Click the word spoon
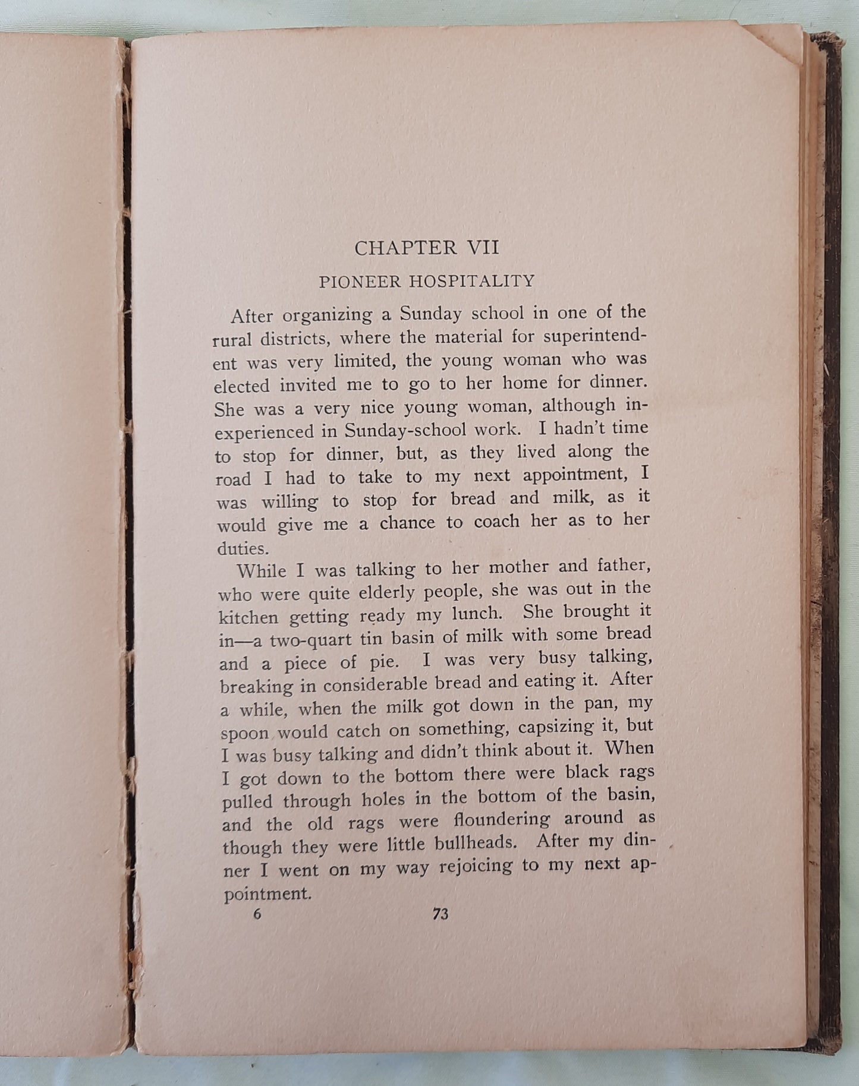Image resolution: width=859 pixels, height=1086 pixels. click(x=245, y=733)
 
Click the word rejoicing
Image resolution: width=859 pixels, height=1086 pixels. click(x=476, y=867)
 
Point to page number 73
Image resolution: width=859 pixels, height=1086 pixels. click(x=440, y=914)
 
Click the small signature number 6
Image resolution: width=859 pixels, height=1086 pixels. click(x=257, y=914)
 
